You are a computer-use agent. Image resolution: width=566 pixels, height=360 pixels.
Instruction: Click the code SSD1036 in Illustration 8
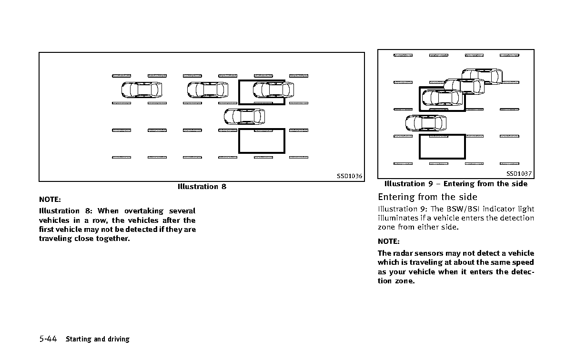tap(349, 176)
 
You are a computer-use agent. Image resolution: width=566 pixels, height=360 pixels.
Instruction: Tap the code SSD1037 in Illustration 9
tap(519, 173)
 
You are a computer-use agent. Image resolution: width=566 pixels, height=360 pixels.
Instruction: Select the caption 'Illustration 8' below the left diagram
tap(202, 187)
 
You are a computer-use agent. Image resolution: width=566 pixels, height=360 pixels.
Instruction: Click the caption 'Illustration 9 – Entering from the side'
tap(456, 184)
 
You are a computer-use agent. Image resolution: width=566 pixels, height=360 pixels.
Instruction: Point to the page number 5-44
tap(48, 339)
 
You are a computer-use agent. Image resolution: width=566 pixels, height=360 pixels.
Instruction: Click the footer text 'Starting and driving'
tap(98, 339)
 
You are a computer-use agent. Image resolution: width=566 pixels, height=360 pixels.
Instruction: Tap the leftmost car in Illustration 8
tap(141, 90)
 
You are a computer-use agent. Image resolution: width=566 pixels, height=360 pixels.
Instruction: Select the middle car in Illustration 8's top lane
tap(208, 90)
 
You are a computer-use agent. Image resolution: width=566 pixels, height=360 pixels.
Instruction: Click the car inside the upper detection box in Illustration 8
tap(273, 90)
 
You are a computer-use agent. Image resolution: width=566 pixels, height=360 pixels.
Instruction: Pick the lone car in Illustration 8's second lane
tap(244, 117)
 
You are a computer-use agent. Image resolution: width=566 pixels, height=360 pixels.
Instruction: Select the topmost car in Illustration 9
tap(482, 77)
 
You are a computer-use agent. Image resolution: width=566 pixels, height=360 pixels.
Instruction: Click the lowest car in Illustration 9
tap(426, 123)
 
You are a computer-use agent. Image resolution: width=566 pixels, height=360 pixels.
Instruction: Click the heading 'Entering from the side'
tap(427, 197)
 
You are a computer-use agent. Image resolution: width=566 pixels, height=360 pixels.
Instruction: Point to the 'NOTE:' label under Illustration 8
tap(50, 200)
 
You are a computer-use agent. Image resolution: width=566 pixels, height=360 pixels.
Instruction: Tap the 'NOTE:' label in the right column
tap(389, 241)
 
